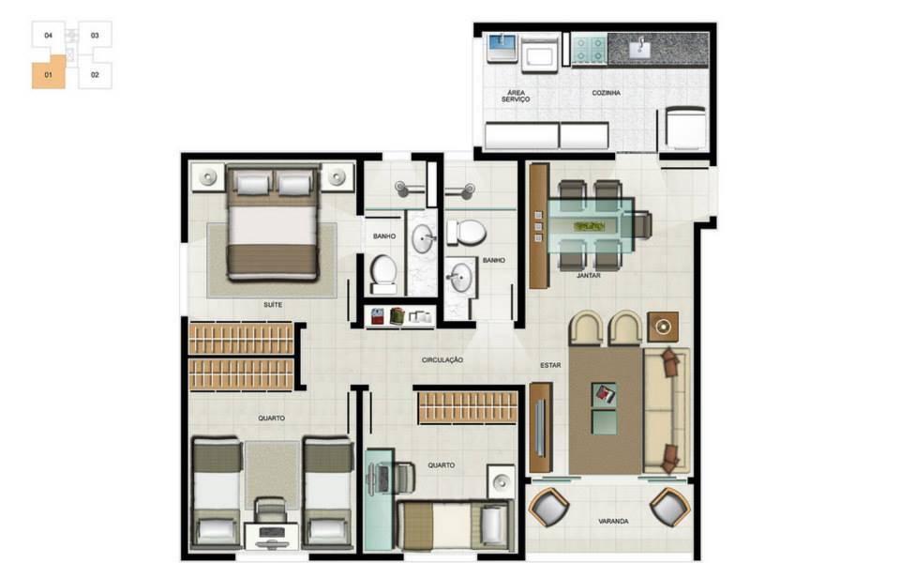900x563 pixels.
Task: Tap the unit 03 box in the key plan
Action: pos(95,35)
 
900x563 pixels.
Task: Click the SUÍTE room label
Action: pos(273,304)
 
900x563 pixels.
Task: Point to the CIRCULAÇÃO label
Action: pos(442,360)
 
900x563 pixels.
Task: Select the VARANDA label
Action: pos(613,522)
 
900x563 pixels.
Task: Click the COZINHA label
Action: pos(607,93)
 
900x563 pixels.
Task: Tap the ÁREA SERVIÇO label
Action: pos(516,96)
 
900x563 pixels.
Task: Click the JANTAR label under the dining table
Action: pos(589,276)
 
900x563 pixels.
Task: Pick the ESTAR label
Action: pos(550,365)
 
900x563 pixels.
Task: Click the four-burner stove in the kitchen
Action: pos(590,49)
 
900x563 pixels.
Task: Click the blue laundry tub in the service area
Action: pos(502,48)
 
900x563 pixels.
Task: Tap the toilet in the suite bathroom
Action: pos(383,275)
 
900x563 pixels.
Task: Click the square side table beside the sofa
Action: pos(663,327)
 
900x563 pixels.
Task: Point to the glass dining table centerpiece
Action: pos(590,226)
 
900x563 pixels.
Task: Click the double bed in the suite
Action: pos(273,224)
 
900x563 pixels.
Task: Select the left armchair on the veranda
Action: pos(548,508)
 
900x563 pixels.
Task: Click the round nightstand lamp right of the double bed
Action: pos(337,177)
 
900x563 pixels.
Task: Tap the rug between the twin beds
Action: pos(272,475)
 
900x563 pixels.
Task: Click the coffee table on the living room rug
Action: pos(605,408)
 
